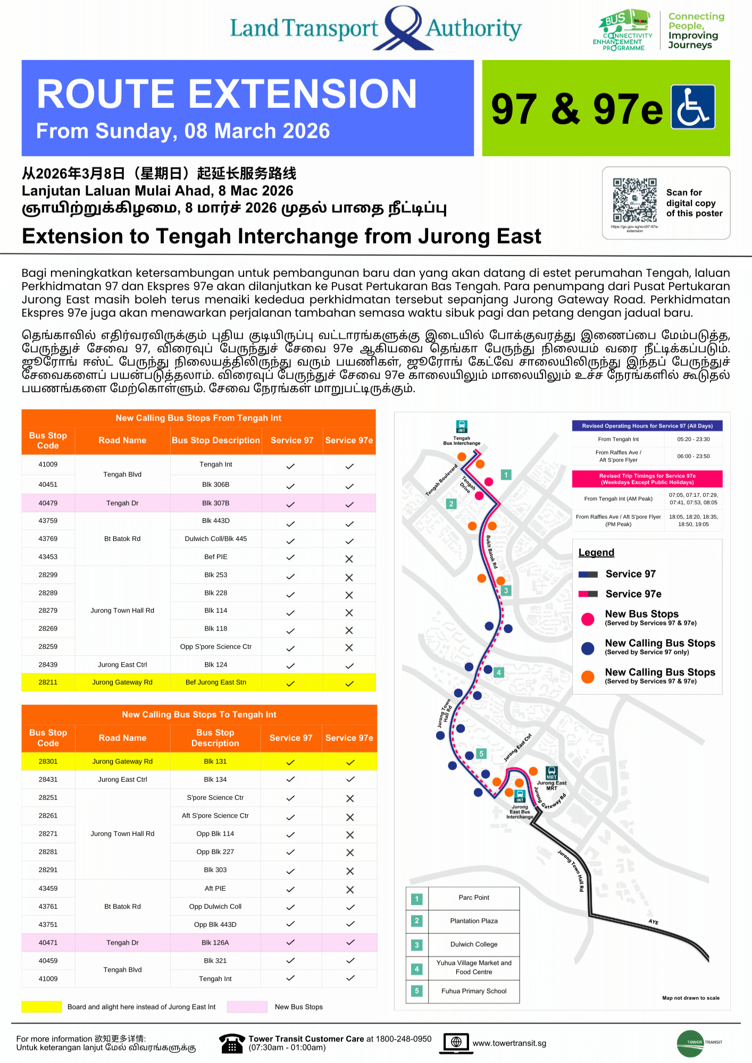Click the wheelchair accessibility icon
[692, 107]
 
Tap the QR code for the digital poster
[634, 200]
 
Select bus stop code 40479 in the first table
[48, 503]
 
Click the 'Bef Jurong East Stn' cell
[215, 682]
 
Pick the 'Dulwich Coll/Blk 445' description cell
[215, 538]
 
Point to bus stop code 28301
[48, 761]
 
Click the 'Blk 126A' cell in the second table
[215, 942]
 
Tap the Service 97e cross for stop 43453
[349, 559]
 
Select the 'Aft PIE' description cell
[215, 888]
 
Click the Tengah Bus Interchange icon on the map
[462, 426]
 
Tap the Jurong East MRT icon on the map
[552, 773]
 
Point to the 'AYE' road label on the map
[653, 922]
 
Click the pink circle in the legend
[588, 619]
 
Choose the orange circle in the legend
[588, 677]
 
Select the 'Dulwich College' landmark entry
[473, 944]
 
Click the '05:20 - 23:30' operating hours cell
[693, 439]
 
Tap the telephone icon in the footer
[231, 1043]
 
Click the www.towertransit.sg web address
[509, 1043]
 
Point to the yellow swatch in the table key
[41, 1007]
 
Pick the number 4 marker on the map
[499, 672]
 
